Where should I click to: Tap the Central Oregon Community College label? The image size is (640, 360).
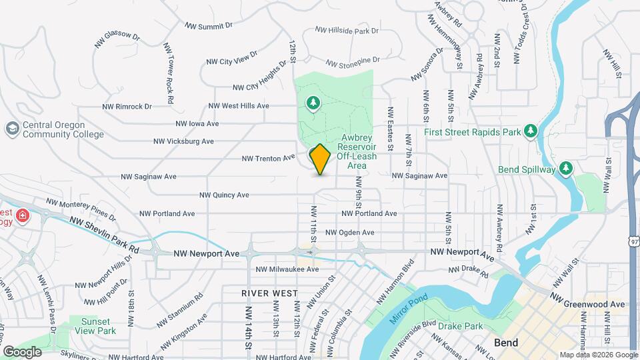click(x=63, y=129)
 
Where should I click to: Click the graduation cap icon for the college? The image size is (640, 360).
click(x=11, y=128)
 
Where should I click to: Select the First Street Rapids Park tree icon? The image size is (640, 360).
click(x=530, y=131)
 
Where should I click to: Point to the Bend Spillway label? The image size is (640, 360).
click(x=527, y=169)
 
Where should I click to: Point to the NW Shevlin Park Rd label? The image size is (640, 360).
click(x=105, y=236)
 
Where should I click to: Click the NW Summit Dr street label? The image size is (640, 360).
click(x=208, y=26)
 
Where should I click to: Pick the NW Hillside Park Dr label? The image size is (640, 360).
click(x=347, y=31)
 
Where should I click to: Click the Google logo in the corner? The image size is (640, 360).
click(x=22, y=351)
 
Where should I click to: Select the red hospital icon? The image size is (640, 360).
click(x=23, y=215)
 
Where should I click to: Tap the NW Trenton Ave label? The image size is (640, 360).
click(x=268, y=158)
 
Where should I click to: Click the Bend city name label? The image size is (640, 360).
click(x=507, y=343)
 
